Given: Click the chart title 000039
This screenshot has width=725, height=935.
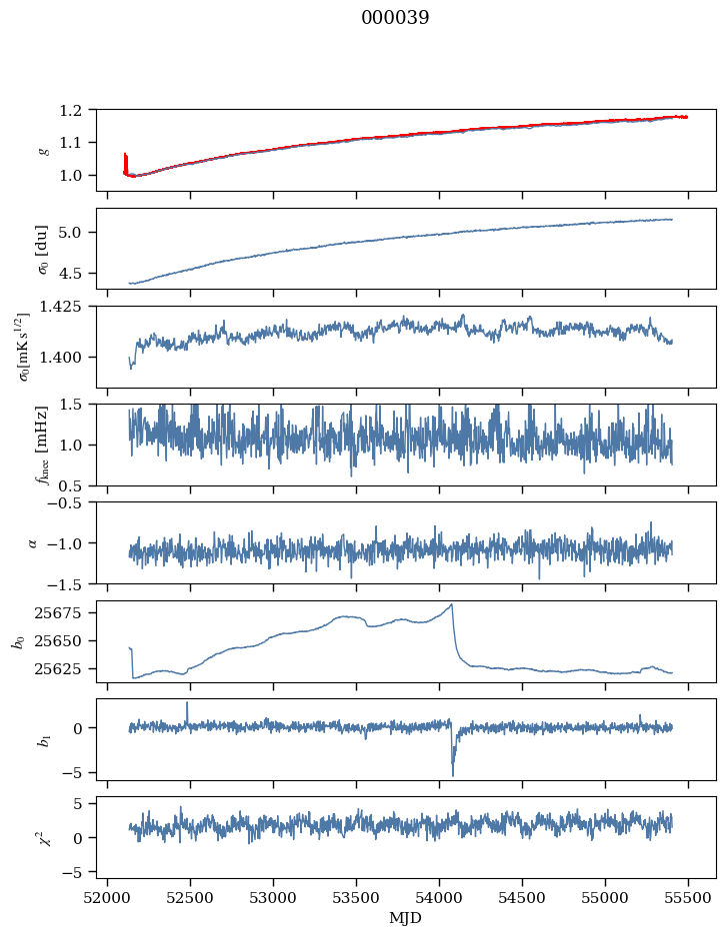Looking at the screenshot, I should [395, 18].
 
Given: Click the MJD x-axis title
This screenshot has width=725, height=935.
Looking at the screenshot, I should [406, 917].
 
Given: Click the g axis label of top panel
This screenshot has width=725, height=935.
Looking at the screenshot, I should [42, 150].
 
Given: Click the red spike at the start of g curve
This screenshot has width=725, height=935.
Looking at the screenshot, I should [125, 160].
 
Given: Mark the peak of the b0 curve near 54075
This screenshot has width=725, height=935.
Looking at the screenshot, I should [452, 604].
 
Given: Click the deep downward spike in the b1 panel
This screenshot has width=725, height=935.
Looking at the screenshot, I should [452, 774].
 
